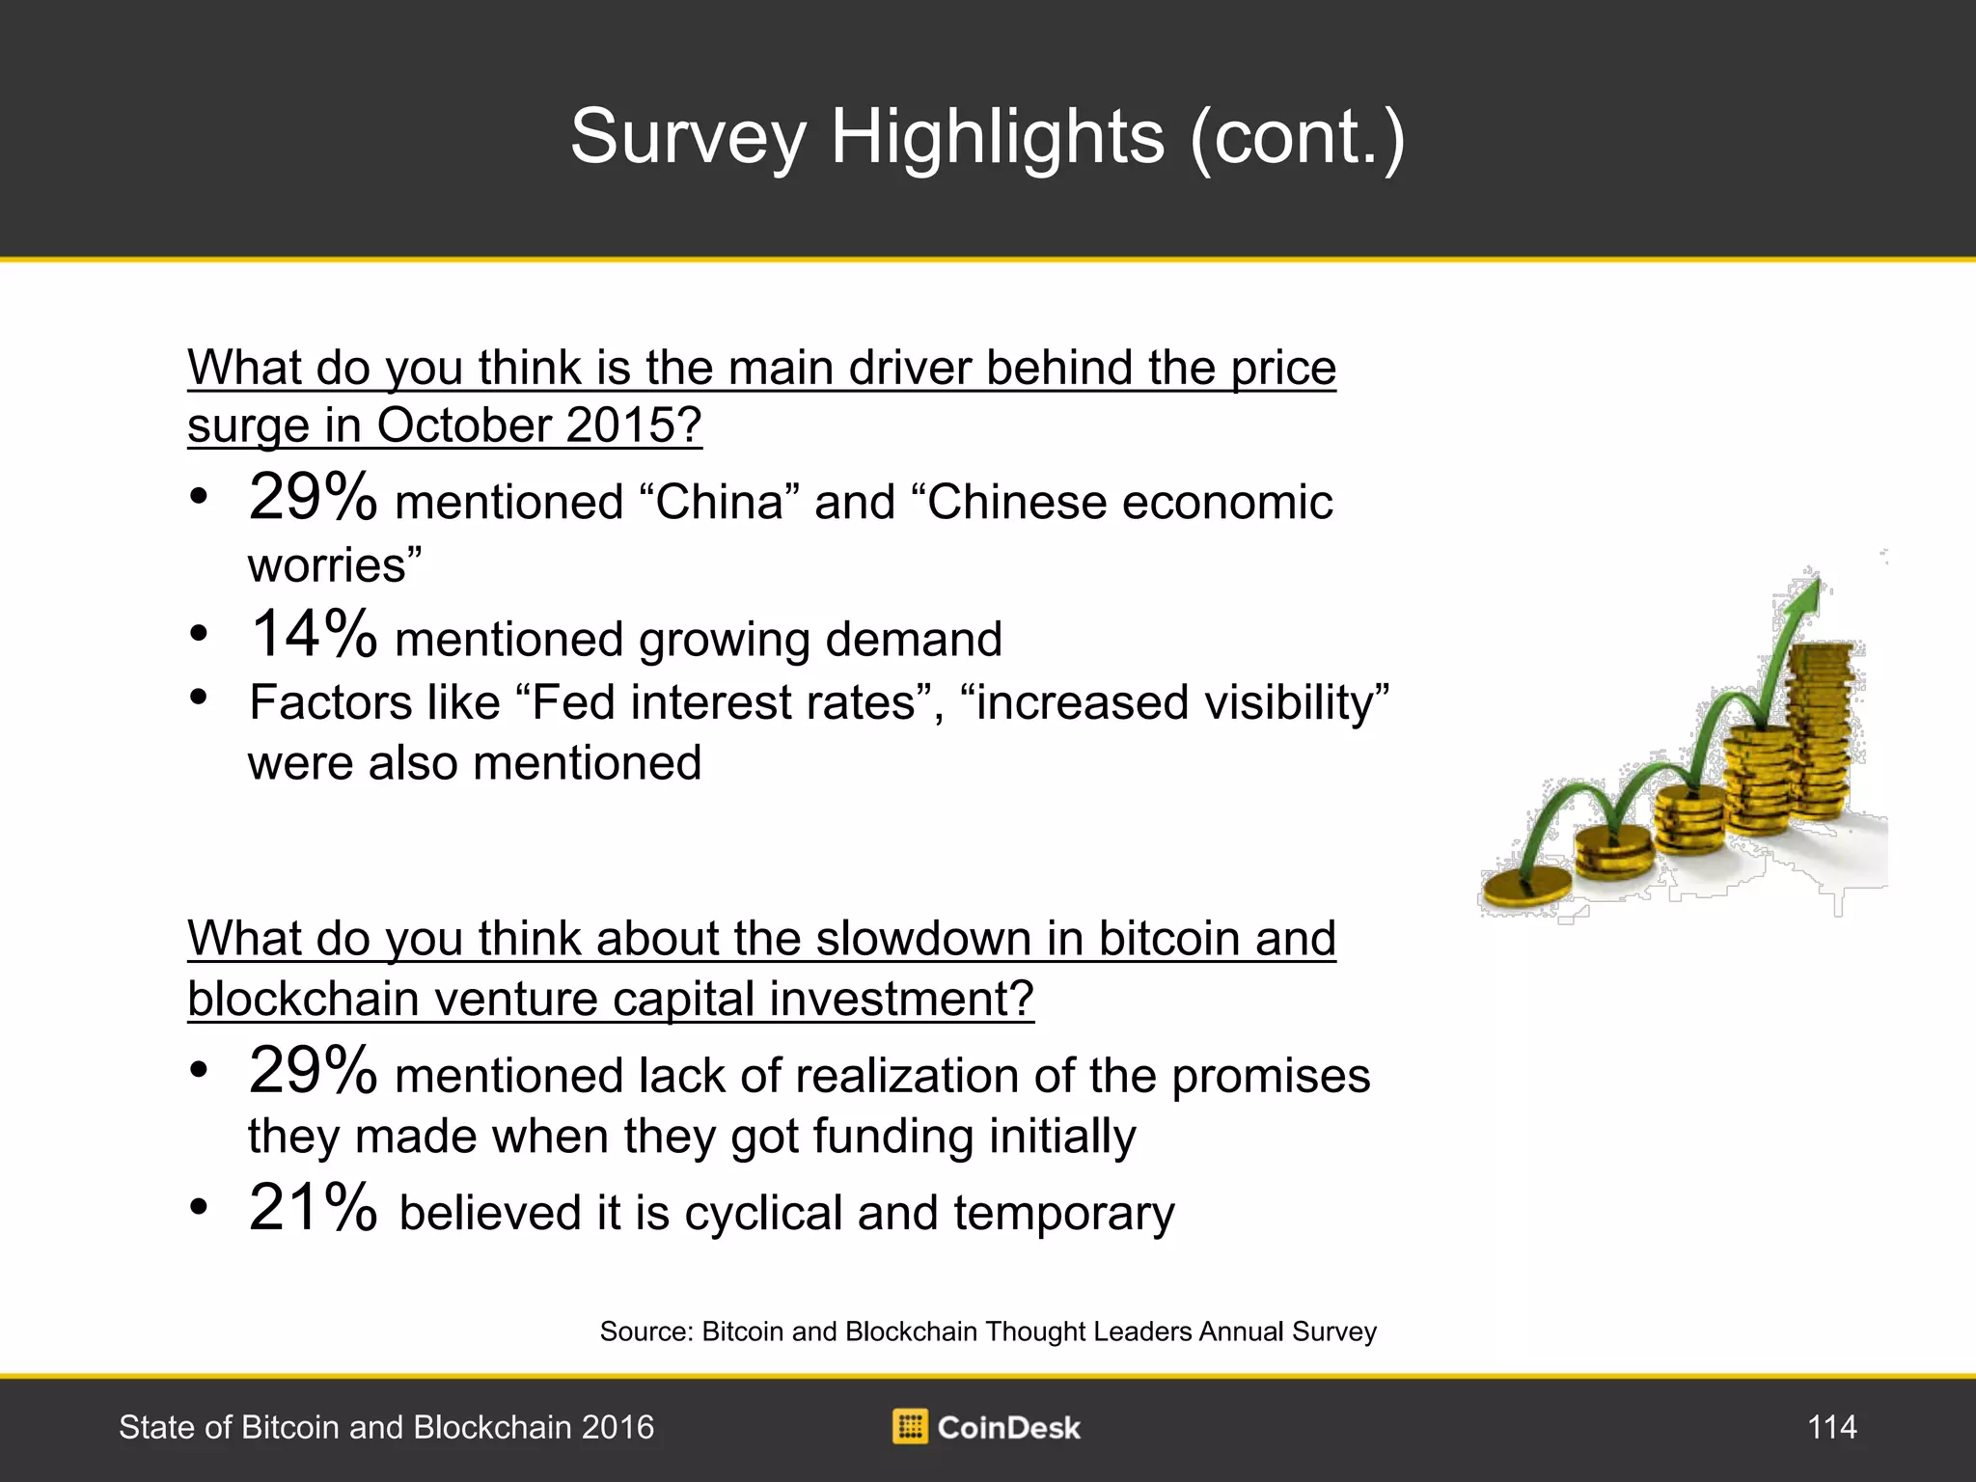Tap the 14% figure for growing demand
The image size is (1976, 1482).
[313, 634]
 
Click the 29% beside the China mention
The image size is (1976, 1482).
[313, 497]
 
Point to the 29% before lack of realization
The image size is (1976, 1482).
[313, 1070]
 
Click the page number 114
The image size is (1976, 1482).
[1831, 1427]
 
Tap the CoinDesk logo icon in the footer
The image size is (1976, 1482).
[910, 1427]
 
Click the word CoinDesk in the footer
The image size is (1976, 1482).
[1008, 1428]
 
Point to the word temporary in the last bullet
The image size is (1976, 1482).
[1064, 1215]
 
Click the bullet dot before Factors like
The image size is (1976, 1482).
[199, 696]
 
